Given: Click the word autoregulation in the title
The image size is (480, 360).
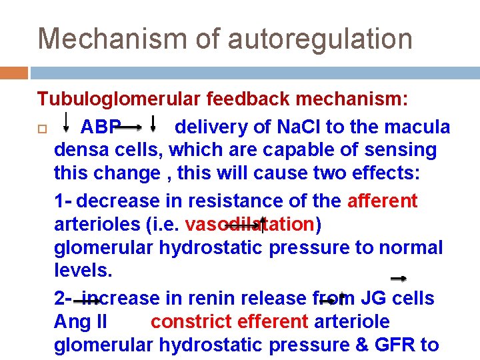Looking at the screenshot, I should click(x=320, y=39).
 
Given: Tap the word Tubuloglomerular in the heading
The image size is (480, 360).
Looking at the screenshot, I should click(x=119, y=99).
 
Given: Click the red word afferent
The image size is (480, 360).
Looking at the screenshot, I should click(x=382, y=201).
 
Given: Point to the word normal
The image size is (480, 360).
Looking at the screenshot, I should click(x=410, y=247).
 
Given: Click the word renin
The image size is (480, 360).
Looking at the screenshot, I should click(x=200, y=298).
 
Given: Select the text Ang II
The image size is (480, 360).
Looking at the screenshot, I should click(x=81, y=322).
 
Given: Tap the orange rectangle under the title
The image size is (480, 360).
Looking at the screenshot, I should click(x=14, y=72).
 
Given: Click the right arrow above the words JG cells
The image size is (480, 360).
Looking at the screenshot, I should click(x=399, y=278).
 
